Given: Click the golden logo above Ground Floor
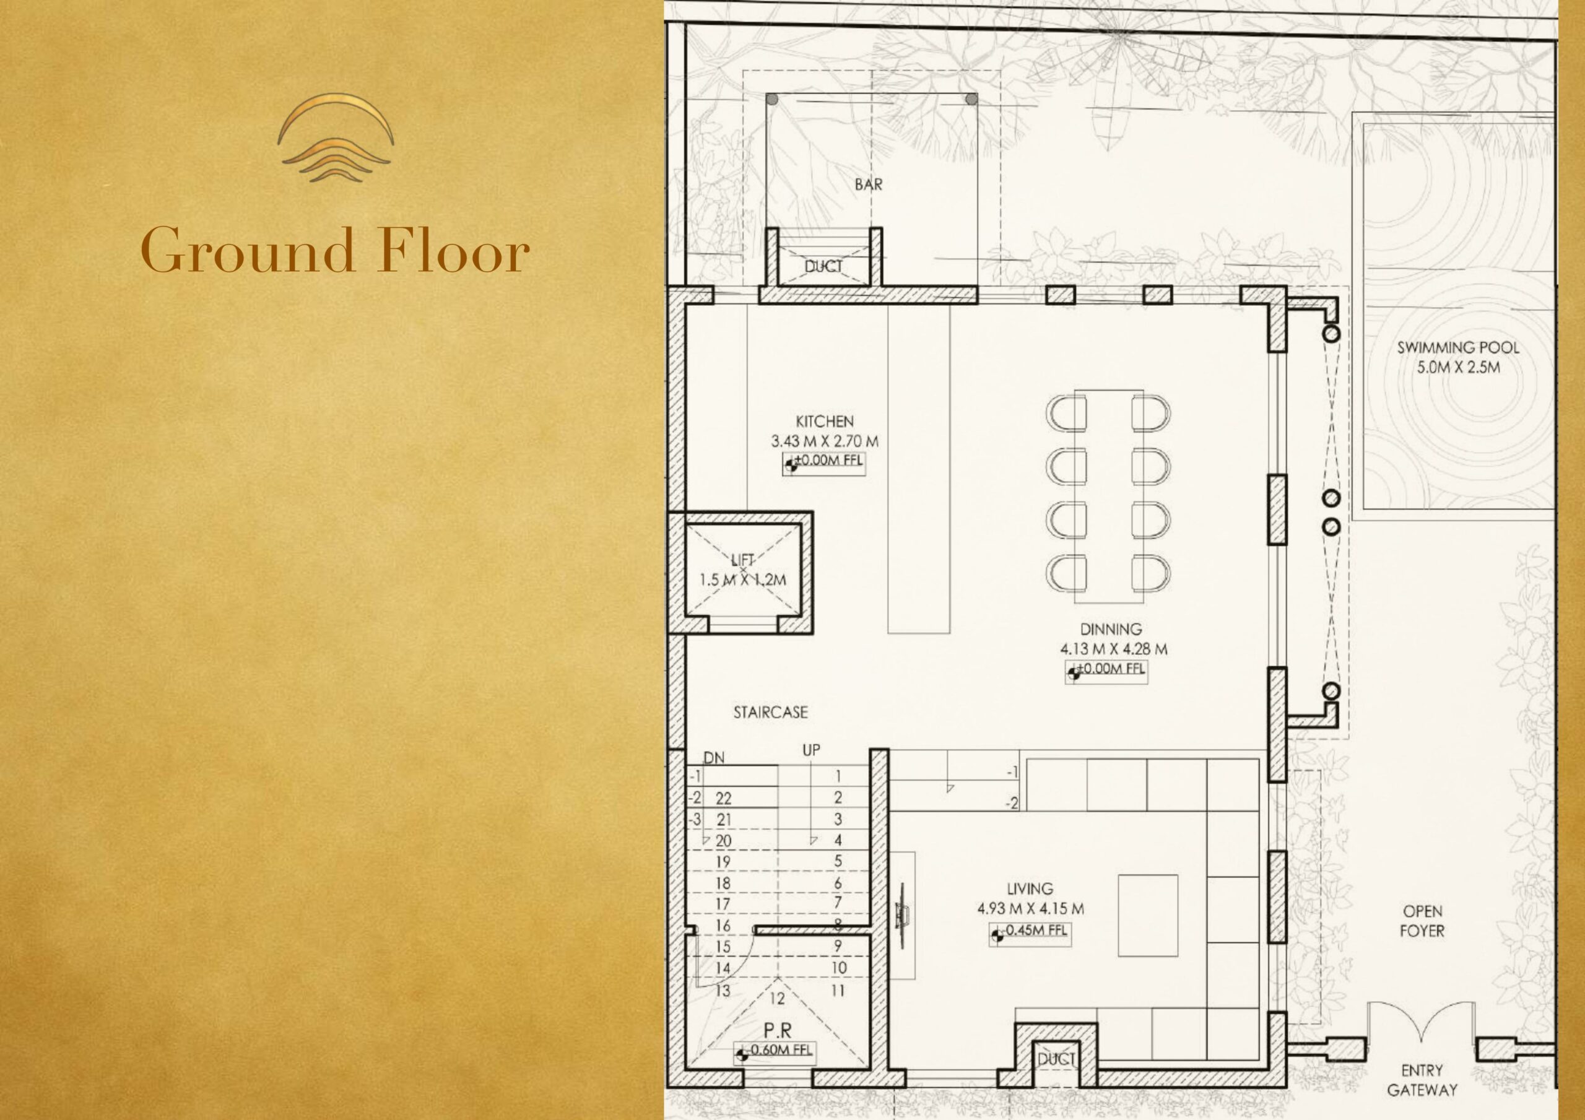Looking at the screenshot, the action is pos(336,138).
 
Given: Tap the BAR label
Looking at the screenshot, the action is pos(869,184).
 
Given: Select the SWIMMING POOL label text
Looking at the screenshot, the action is pos(1458,347).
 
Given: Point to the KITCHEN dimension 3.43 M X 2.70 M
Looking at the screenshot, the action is pos(825,441).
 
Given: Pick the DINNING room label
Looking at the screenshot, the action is pos(1111,629).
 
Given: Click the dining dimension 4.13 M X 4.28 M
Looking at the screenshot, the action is pos(1113,649).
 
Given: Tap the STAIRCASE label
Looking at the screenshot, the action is pos(770,713).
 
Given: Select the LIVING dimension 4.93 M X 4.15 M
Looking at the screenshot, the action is pos(1030,909).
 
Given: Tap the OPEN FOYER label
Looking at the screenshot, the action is pos(1422,921).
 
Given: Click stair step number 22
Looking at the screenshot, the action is pos(723,798).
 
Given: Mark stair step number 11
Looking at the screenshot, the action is pos(838,991).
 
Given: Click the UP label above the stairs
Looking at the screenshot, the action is pos(811,750).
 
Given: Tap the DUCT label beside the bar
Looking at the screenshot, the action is pos(823,267).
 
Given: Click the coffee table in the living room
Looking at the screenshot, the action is pos(1148,916).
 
